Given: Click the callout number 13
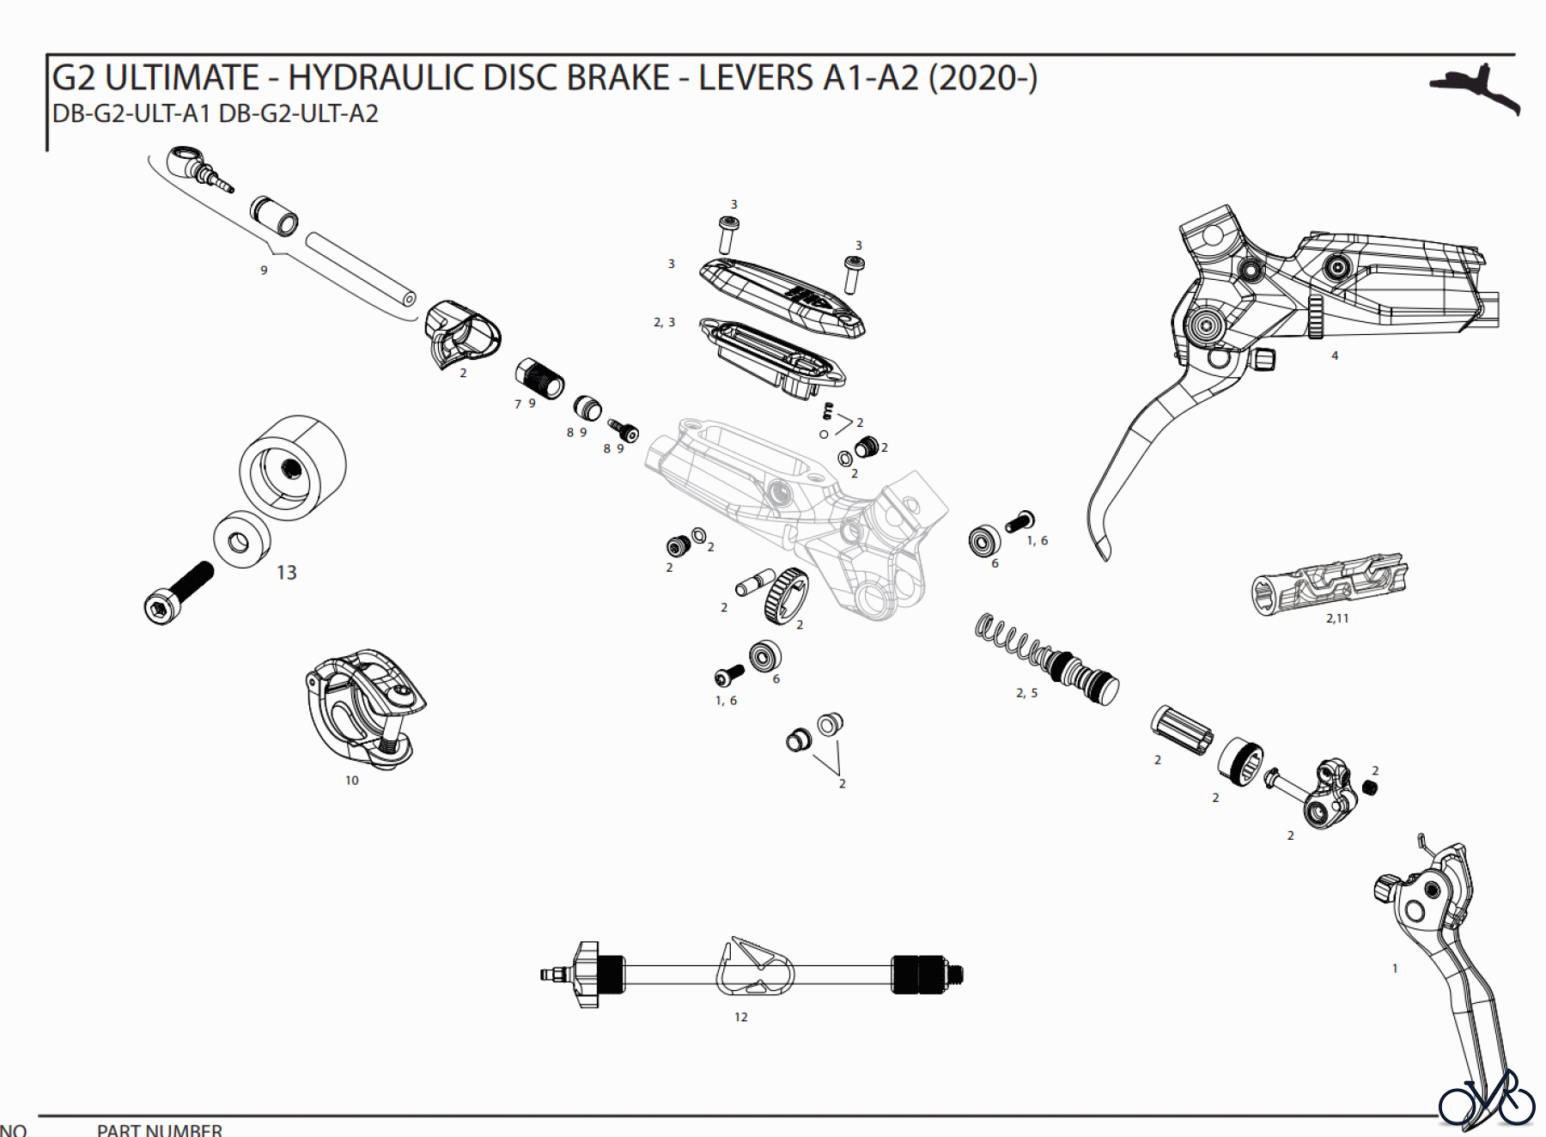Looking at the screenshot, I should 286,573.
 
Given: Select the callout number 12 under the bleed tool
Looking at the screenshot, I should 740,1017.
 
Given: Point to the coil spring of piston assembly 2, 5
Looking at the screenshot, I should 1009,639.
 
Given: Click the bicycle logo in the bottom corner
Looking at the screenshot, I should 1486,1099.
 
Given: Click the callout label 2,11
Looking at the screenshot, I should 1336,618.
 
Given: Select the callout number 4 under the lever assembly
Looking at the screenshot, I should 1334,356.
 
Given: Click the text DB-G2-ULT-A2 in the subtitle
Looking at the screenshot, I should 298,114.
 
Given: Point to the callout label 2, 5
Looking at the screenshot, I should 1026,693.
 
